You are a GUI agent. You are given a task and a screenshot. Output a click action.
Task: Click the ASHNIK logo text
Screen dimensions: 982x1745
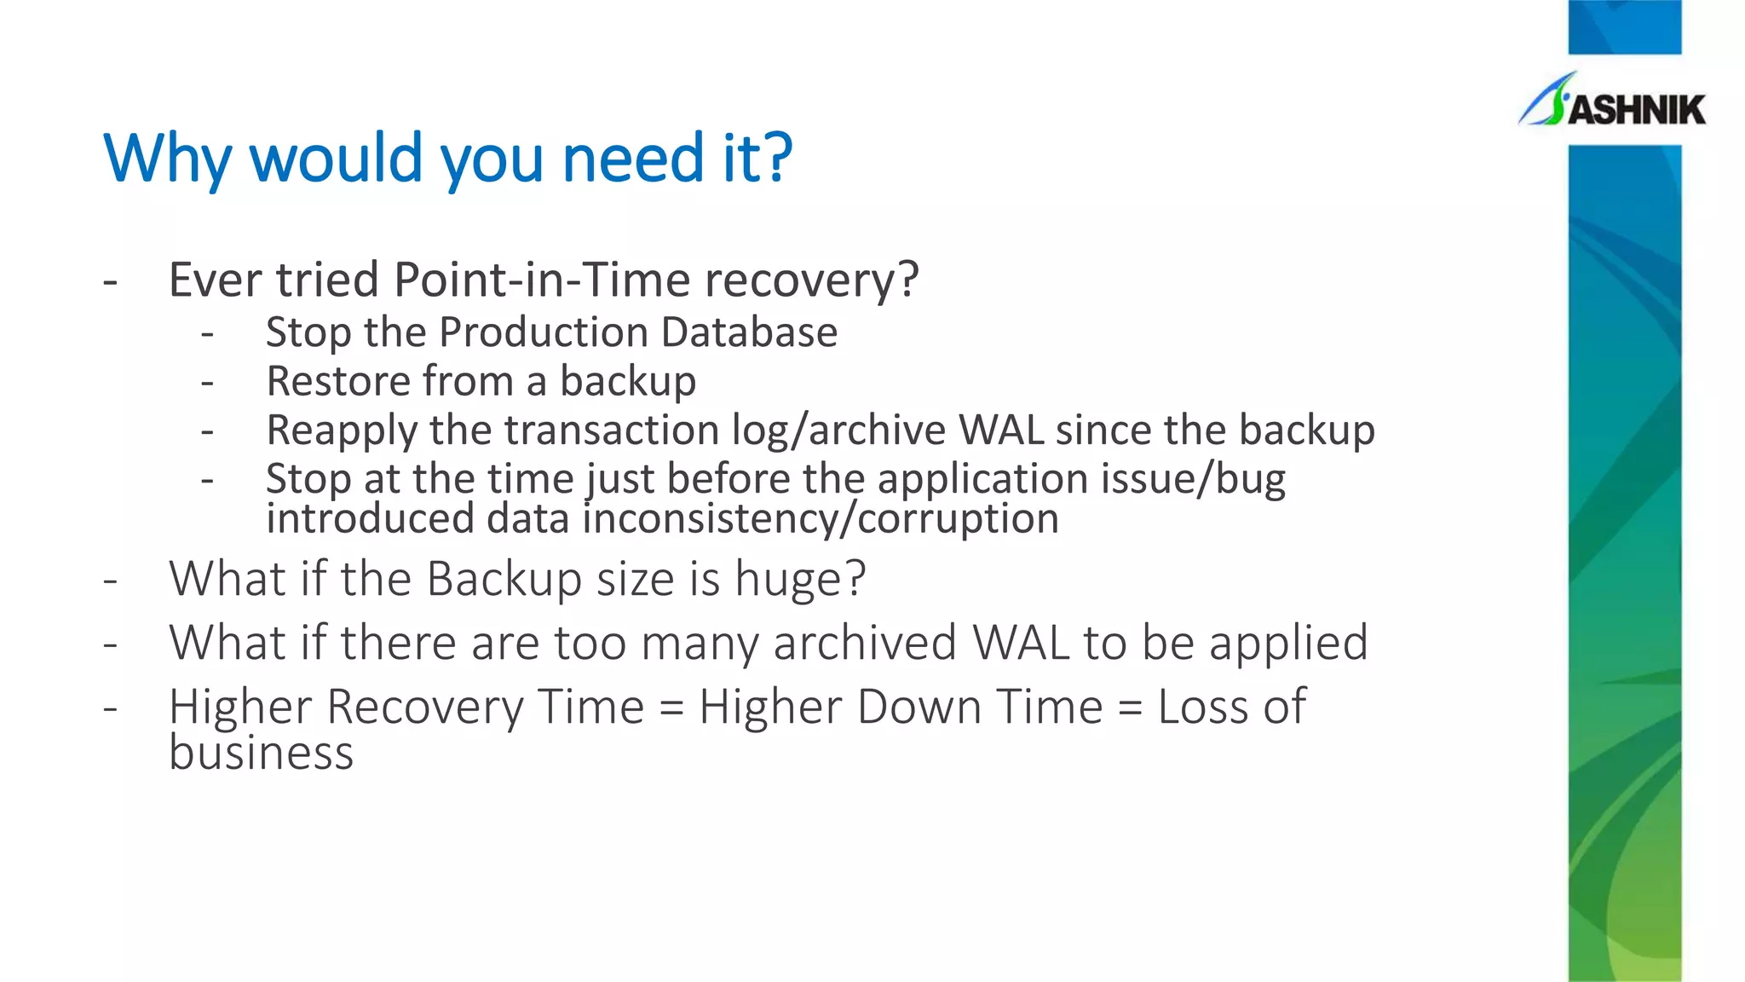point(1636,110)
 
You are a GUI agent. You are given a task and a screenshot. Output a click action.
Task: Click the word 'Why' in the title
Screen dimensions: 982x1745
point(167,159)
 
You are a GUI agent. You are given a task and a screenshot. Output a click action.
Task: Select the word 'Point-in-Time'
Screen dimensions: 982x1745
point(541,280)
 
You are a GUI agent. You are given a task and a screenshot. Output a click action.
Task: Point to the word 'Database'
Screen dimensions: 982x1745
point(749,332)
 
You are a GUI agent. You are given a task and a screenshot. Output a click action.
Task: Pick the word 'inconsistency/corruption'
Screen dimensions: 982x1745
point(821,519)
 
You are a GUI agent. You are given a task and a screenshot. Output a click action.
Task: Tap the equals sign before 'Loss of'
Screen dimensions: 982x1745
point(1129,708)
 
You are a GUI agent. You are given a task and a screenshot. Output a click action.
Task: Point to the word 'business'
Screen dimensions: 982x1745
point(261,754)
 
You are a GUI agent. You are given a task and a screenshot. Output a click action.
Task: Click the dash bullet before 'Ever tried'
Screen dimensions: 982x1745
point(110,280)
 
